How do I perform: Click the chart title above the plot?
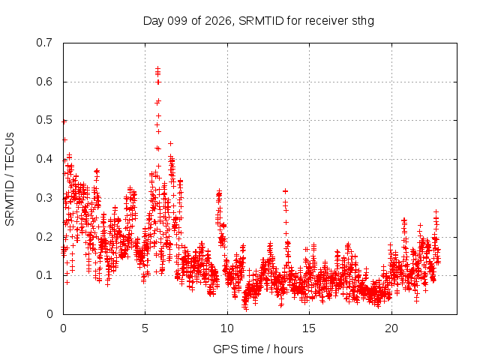click(x=259, y=21)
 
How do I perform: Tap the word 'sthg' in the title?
click(x=363, y=21)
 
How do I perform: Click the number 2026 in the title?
click(x=218, y=21)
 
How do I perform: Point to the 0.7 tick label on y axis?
click(x=44, y=43)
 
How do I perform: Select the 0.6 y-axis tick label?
click(x=44, y=82)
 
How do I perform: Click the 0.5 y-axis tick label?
click(x=44, y=120)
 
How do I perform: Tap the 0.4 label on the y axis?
click(x=44, y=159)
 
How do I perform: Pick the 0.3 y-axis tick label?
click(x=44, y=198)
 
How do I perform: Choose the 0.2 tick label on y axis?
click(x=44, y=237)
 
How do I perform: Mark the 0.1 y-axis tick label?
click(x=44, y=275)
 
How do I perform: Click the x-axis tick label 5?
click(x=145, y=328)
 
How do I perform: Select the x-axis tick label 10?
click(x=227, y=328)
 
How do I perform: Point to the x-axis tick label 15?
click(x=309, y=328)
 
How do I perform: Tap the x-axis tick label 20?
click(x=391, y=328)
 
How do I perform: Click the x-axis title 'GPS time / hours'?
click(x=258, y=349)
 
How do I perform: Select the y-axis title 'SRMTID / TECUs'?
click(x=10, y=179)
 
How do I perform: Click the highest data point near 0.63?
click(x=158, y=68)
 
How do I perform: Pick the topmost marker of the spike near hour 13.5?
click(x=285, y=191)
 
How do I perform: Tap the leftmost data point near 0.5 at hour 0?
click(x=64, y=121)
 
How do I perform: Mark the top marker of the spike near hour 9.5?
click(x=219, y=191)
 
